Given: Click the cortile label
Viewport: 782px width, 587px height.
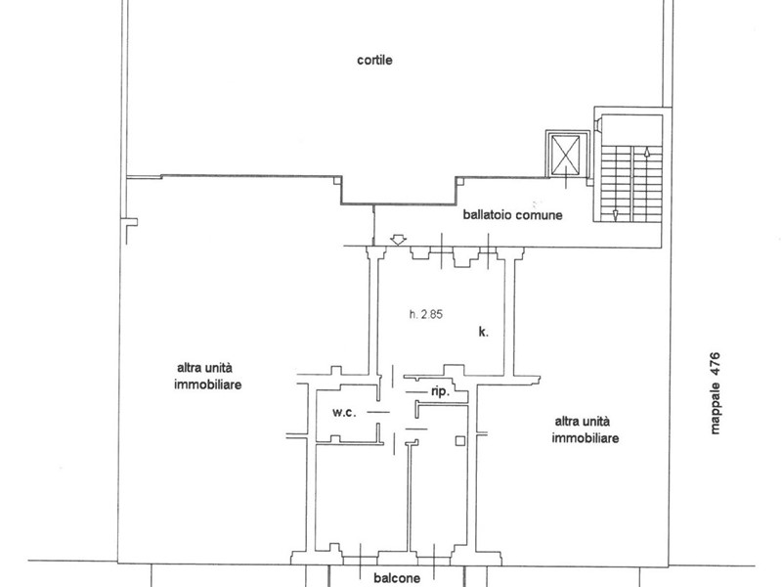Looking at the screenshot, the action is tap(374, 61).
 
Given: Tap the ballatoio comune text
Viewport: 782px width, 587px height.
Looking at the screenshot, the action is tap(512, 215).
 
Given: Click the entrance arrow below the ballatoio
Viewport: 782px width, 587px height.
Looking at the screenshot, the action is tap(398, 240).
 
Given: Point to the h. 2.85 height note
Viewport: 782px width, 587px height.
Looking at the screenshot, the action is tap(426, 314).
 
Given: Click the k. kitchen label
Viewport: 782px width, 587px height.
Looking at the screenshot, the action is tap(483, 332).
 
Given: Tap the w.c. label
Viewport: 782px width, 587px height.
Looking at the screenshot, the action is tap(345, 413).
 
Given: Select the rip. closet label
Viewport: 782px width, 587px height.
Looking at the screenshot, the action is tap(441, 392).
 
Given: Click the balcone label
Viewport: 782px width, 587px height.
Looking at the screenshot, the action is tap(397, 578).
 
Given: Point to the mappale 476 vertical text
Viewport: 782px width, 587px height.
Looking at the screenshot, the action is tap(716, 393).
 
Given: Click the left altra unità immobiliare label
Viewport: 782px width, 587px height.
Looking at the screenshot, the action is tap(207, 377).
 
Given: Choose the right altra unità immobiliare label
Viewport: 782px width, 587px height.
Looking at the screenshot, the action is tap(585, 429).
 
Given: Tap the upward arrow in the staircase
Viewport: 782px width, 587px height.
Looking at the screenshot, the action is tap(647, 153).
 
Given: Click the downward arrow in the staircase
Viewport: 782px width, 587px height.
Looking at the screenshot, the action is tap(616, 215).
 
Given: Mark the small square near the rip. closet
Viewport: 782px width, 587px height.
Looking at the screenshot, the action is tap(460, 441).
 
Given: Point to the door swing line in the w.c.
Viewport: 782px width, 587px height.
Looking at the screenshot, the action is tap(378, 412).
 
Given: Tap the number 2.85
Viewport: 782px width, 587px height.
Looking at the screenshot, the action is tap(431, 314).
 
